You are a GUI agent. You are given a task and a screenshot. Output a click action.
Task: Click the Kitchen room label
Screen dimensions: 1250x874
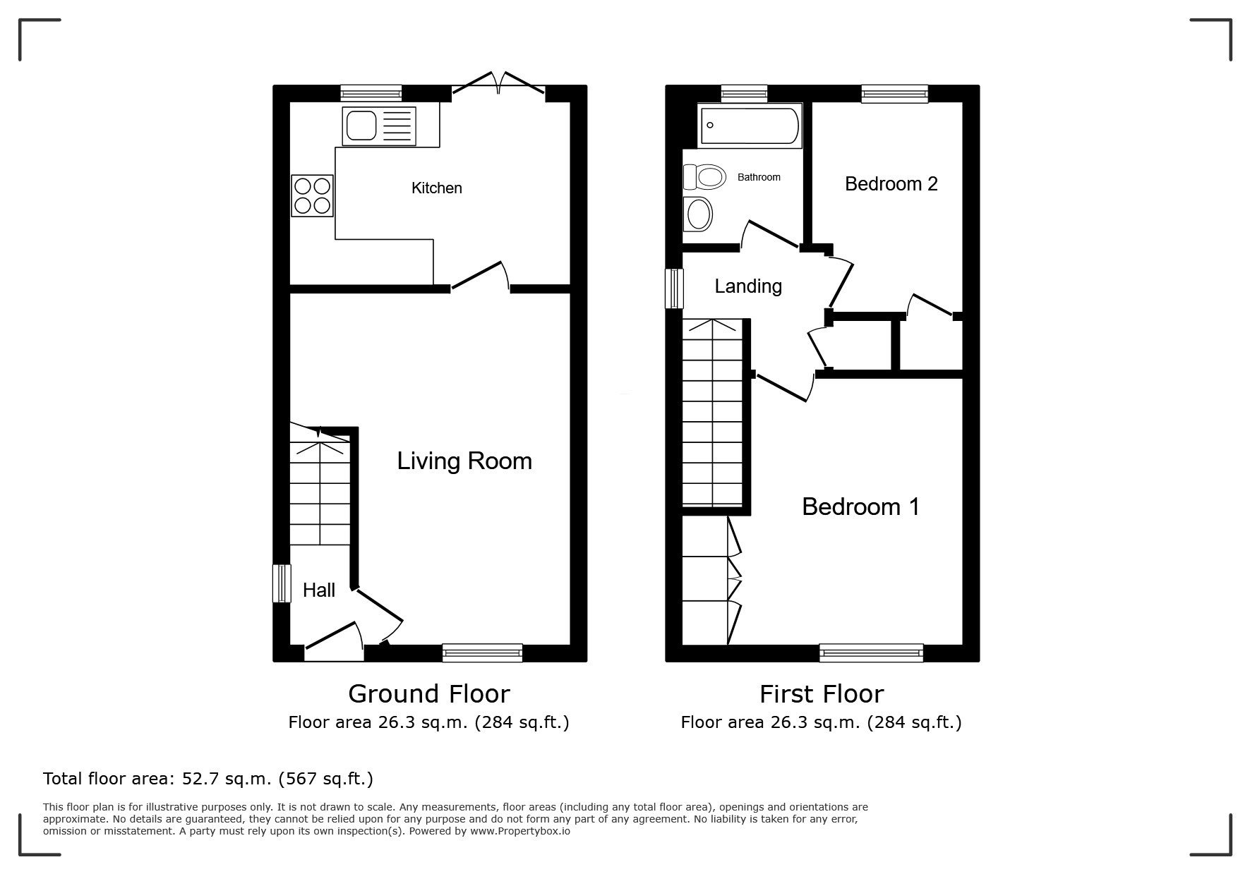click(x=437, y=188)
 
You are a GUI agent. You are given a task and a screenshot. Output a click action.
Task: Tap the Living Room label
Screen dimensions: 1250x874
click(x=464, y=461)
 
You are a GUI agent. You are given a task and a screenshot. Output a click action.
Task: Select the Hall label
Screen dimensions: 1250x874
click(x=319, y=590)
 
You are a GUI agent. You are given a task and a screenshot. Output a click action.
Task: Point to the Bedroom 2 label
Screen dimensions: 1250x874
click(x=891, y=184)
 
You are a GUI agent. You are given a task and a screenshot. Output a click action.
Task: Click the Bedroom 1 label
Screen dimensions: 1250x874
click(x=861, y=507)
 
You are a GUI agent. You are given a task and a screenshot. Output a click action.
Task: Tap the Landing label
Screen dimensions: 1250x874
click(x=748, y=286)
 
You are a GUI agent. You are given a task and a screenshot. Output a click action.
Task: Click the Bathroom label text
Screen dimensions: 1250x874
click(x=759, y=177)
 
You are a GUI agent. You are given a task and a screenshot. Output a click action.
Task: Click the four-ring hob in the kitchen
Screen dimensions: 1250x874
click(x=312, y=195)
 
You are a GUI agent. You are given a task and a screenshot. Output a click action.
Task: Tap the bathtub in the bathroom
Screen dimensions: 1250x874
click(x=750, y=126)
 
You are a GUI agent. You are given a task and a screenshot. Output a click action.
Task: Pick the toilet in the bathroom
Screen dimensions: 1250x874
click(x=704, y=176)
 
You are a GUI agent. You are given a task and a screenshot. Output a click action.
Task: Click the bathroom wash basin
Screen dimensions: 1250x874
click(x=699, y=214)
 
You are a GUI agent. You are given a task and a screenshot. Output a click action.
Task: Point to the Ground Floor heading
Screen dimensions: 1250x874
click(x=429, y=694)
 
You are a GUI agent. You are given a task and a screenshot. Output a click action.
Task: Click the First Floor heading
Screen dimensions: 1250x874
click(x=822, y=694)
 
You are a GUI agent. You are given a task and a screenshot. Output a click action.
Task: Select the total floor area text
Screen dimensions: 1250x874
click(x=208, y=779)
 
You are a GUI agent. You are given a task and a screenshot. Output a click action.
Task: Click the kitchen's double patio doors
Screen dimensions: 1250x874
click(x=498, y=83)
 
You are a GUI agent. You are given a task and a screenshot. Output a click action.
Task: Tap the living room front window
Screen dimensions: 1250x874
click(x=482, y=653)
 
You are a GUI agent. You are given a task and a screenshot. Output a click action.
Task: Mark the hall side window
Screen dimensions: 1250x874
click(x=282, y=583)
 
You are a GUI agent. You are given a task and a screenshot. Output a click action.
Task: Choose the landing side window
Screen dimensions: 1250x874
click(x=675, y=289)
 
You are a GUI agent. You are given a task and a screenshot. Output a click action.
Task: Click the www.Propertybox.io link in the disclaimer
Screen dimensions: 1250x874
click(x=520, y=831)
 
